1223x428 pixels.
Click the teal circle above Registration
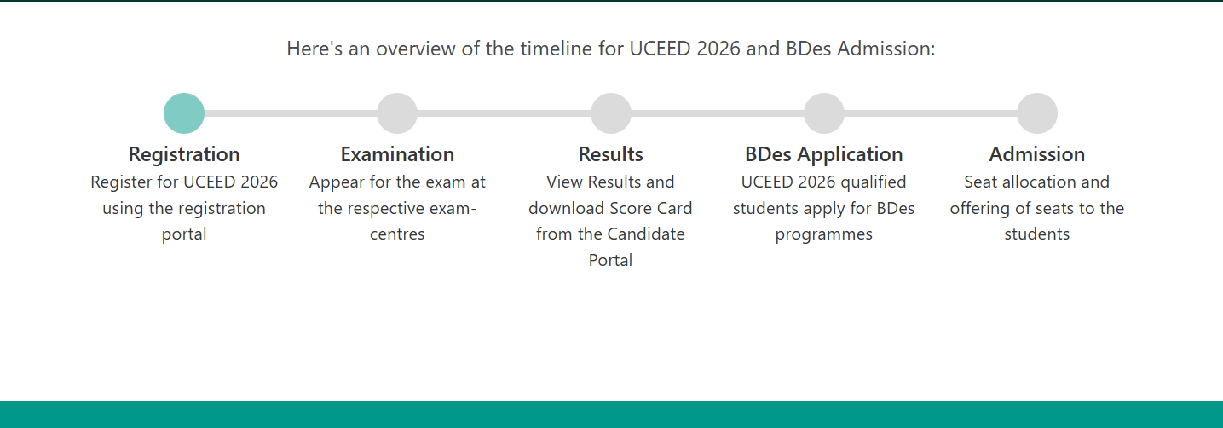[184, 113]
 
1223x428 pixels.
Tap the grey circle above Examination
[397, 113]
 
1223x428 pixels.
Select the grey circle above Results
[611, 113]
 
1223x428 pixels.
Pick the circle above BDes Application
[824, 113]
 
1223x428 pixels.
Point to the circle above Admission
[1037, 113]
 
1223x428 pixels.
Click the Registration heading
[184, 155]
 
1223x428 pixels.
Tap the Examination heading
[397, 154]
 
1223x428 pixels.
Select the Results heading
[610, 154]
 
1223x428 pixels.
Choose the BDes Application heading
[823, 155]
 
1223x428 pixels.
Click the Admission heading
[1037, 154]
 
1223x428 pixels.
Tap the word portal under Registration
[184, 234]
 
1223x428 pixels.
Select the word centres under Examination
[397, 234]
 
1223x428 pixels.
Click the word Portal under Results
[610, 260]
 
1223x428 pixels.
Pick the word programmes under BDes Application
[823, 235]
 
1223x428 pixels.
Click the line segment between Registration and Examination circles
[291, 113]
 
